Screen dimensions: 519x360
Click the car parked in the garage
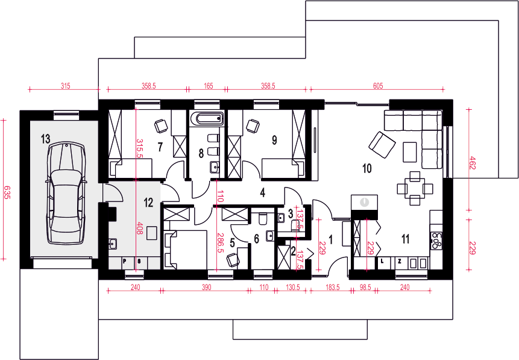[x=66, y=194]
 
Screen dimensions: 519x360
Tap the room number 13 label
[x=45, y=139]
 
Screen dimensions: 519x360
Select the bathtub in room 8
[x=207, y=118]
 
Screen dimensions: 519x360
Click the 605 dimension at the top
[x=378, y=86]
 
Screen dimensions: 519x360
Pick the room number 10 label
[x=367, y=168]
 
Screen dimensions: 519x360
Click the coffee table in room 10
[x=410, y=152]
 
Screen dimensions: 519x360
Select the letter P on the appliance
[x=124, y=261]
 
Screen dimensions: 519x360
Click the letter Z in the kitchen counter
[x=400, y=261]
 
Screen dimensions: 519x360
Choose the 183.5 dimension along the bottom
[x=333, y=287]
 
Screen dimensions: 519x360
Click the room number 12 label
[x=148, y=202]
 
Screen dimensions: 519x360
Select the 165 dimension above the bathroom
[x=209, y=86]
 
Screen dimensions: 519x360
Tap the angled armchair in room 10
[x=382, y=145]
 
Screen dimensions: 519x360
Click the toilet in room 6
[x=263, y=218]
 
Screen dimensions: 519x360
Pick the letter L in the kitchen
[x=382, y=261]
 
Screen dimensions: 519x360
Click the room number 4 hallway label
[x=262, y=193]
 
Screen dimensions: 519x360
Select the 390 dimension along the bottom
[x=206, y=287]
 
